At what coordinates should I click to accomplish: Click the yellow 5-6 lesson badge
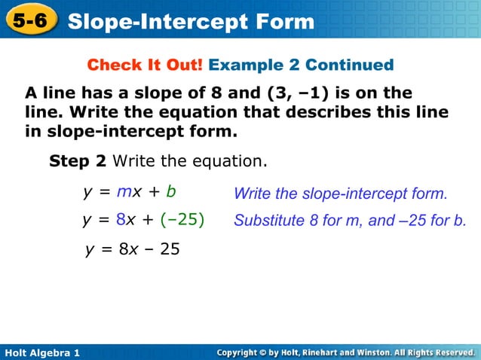tap(30, 21)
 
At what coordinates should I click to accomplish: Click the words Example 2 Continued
tap(301, 65)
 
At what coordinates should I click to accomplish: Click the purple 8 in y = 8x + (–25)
tap(121, 220)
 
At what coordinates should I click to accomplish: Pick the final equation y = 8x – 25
tap(132, 249)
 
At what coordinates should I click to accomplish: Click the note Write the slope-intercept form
tap(341, 194)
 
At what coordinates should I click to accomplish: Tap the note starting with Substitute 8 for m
tap(350, 221)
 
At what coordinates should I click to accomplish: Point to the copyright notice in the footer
tap(345, 352)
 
